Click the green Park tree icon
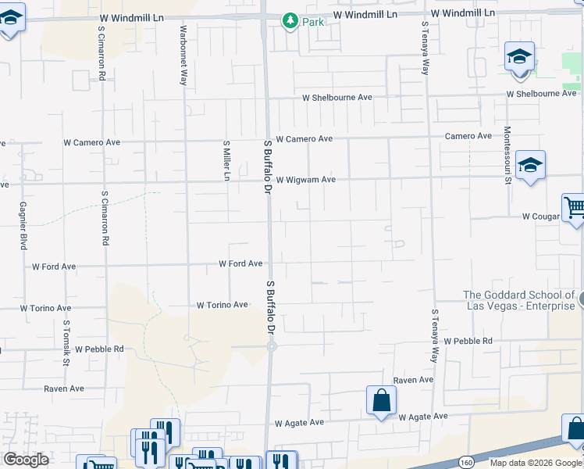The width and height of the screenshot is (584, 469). point(290,21)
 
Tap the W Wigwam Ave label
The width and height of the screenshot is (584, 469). point(305,180)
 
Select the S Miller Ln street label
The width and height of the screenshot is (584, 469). point(226,160)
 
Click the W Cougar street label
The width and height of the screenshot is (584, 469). point(541,216)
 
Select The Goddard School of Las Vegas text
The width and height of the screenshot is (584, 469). point(518,300)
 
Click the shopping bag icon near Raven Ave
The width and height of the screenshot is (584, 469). point(381,400)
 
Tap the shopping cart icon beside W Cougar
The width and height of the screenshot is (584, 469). point(575,207)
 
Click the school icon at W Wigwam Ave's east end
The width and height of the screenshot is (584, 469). point(530,166)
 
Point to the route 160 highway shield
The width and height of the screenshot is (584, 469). point(466,462)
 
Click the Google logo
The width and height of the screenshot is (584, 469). point(26,460)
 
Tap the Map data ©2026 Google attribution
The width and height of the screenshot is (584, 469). point(536,463)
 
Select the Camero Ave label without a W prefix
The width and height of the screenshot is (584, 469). point(468,136)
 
